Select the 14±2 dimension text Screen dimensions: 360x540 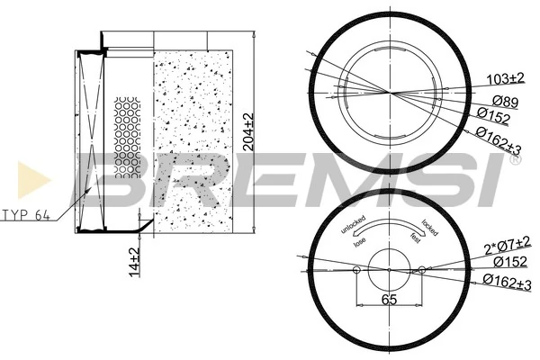click(134, 260)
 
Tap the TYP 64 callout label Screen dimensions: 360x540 click(25, 216)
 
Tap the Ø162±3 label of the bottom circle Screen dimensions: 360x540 click(501, 283)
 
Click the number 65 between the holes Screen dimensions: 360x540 click(389, 300)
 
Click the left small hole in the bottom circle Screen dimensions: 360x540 click(357, 269)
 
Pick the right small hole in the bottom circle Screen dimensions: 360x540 click(419, 269)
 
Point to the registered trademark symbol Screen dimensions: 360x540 click(514, 162)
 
